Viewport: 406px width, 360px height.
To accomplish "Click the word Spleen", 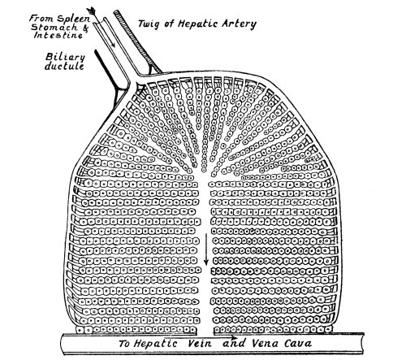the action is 73,19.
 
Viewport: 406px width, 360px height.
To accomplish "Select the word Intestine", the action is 58,35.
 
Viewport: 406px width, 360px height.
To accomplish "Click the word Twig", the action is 150,24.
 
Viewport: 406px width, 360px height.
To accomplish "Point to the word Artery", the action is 239,24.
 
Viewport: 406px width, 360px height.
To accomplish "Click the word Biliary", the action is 65,58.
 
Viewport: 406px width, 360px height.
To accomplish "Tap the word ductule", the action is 64,66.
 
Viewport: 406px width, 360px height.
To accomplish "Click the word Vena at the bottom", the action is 266,344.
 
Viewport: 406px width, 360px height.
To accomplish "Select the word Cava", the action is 298,344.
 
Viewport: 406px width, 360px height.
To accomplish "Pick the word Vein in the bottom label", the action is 200,344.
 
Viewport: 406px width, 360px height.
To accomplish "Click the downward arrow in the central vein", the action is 206,249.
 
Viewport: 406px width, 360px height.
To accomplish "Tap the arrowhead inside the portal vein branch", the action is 114,45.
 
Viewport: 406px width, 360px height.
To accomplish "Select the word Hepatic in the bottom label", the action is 156,344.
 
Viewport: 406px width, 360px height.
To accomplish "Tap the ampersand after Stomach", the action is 85,28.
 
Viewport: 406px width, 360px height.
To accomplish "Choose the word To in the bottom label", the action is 124,344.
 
